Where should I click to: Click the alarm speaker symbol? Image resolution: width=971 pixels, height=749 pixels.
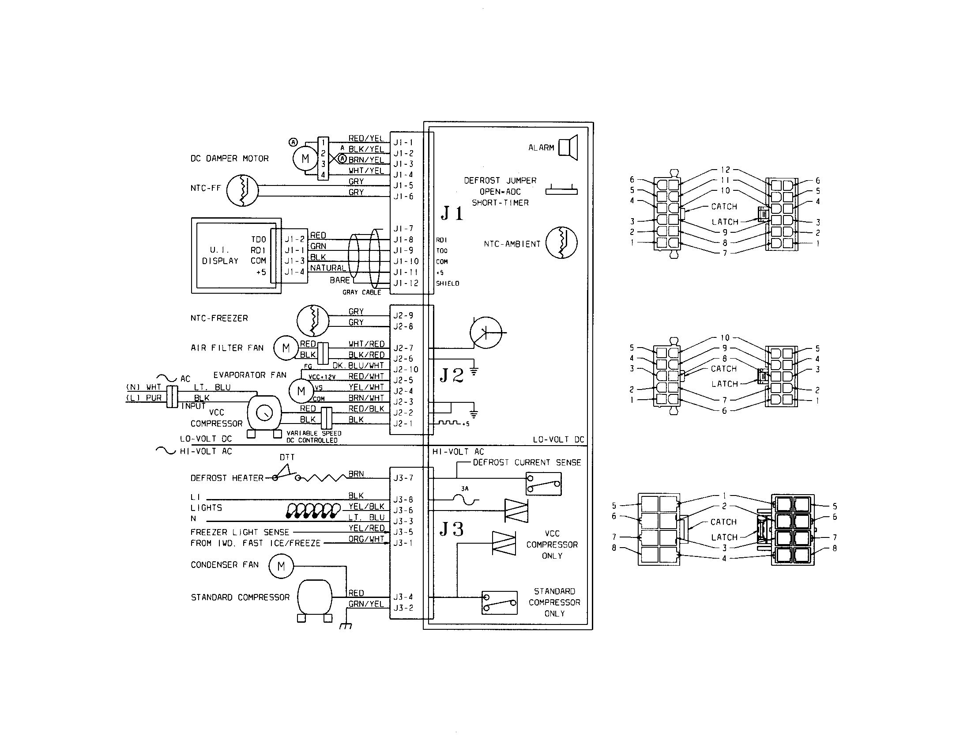coord(568,147)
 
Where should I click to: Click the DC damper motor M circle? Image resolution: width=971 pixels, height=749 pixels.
coord(305,159)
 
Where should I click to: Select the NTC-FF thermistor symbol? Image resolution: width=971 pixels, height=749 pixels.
coord(242,190)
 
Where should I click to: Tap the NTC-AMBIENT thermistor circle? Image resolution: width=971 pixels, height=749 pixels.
coord(561,243)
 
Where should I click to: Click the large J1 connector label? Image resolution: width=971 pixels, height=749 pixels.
coord(452,213)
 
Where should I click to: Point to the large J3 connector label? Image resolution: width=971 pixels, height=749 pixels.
coord(452,529)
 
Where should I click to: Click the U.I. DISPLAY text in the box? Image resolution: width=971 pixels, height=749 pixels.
coord(221,255)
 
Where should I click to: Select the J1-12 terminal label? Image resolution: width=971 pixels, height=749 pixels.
coord(406,284)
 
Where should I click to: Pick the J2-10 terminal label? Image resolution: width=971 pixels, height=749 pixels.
coord(406,370)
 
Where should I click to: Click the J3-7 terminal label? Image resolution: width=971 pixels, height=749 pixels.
coord(403,478)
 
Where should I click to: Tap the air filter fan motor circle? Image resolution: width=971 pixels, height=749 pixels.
coord(286,348)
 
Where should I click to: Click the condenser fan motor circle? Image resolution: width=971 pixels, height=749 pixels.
coord(281,566)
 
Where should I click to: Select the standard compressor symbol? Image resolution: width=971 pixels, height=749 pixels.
coord(314,598)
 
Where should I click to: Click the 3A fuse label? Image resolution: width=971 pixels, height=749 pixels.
coord(465,488)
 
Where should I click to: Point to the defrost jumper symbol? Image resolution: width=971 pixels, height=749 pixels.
coord(561,190)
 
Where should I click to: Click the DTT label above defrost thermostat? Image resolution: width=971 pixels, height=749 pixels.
coord(287,457)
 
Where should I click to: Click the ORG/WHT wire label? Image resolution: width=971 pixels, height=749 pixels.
coord(366,539)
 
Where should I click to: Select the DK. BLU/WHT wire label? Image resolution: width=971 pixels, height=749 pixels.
coord(358,366)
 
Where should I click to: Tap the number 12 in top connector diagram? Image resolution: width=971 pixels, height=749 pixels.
coord(725,170)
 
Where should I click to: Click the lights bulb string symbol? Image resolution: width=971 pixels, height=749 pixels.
coord(312,511)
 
